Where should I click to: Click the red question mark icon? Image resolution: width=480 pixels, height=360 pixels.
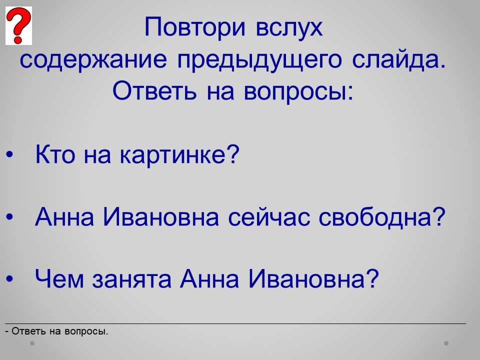(x=18, y=26)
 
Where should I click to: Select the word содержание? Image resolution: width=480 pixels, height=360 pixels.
(x=93, y=59)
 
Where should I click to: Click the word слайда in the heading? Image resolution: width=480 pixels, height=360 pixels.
(x=398, y=59)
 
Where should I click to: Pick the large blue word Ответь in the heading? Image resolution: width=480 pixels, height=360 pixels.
(x=154, y=90)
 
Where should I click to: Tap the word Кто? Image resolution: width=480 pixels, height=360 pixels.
(x=55, y=154)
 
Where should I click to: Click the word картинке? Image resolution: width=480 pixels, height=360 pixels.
(x=179, y=155)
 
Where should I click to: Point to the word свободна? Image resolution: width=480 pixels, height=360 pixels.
(x=381, y=216)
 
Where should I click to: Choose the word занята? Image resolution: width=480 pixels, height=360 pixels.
(x=131, y=279)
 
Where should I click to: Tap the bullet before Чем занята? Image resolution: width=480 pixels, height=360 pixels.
(x=9, y=278)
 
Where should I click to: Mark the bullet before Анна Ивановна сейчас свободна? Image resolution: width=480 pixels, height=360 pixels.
(x=9, y=216)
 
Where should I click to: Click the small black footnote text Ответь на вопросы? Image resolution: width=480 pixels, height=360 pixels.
(x=56, y=331)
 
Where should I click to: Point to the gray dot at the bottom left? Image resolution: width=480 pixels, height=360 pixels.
(x=32, y=343)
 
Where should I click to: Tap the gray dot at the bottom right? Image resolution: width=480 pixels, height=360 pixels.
(x=446, y=343)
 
